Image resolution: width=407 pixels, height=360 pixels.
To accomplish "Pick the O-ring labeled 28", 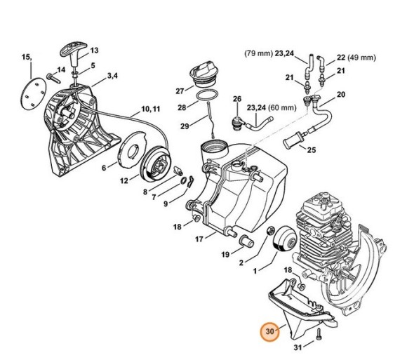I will [x=205, y=95].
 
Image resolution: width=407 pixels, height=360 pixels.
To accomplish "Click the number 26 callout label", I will [x=237, y=99].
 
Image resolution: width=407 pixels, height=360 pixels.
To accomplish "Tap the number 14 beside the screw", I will [x=61, y=69].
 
